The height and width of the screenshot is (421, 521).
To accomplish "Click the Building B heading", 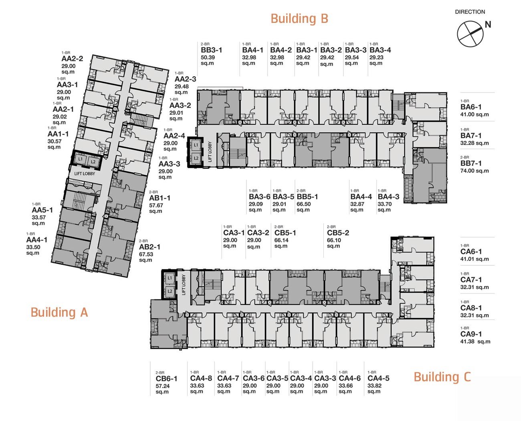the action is (299, 19).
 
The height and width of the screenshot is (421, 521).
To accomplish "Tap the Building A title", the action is (59, 312).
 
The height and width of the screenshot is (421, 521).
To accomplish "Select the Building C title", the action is (442, 377).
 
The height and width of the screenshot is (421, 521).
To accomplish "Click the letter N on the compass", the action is (488, 24).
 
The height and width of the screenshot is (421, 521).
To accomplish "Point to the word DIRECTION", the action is (470, 12).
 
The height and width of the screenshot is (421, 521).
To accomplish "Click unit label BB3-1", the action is (211, 50).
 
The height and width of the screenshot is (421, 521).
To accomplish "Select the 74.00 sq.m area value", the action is (475, 171).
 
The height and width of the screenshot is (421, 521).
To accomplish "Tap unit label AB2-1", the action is (149, 247).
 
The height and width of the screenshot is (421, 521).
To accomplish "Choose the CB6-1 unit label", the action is (167, 378).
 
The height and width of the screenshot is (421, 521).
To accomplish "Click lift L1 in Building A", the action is (81, 159).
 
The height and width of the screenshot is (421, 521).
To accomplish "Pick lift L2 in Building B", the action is (196, 159).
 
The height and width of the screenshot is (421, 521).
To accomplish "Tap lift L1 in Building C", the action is (170, 278).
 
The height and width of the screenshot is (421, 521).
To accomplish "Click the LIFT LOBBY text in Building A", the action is (85, 174).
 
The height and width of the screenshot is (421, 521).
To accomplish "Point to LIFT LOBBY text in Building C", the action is (184, 285).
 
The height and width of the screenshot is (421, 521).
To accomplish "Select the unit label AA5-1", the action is (42, 210).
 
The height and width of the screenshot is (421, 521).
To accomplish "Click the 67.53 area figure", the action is (146, 254).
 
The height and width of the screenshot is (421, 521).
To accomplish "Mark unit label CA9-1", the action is (471, 334).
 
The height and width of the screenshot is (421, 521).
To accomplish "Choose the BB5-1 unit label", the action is (307, 197).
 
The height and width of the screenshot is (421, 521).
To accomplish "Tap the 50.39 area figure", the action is (208, 58).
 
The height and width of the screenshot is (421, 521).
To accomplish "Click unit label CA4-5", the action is (378, 378).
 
